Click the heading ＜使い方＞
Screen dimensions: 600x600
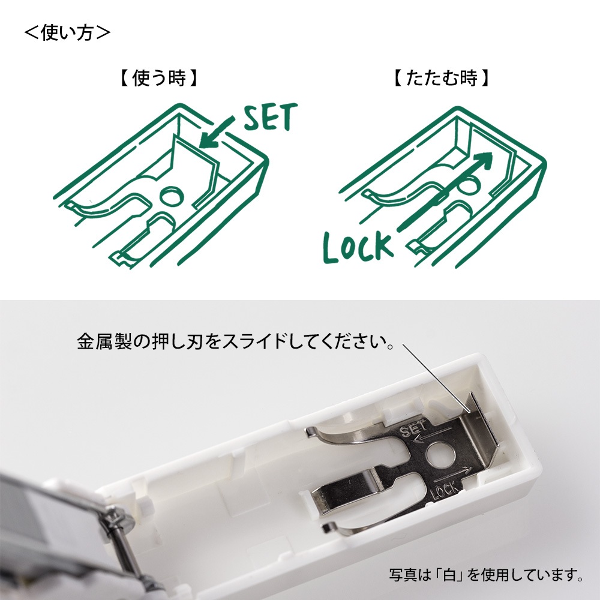[x=67, y=33]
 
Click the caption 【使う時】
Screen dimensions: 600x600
[x=158, y=79]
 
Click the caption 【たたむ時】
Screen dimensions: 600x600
[x=441, y=79]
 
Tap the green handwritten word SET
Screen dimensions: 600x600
[x=270, y=117]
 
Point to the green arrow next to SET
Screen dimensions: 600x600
[x=216, y=133]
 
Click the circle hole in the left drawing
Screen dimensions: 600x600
[x=172, y=197]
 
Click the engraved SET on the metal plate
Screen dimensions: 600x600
[x=413, y=428]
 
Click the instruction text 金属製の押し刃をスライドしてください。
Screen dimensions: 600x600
[x=236, y=341]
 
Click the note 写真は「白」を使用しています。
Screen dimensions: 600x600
[x=486, y=574]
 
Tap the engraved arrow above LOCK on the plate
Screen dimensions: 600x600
[x=453, y=474]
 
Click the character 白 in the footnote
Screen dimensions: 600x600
[x=451, y=574]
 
